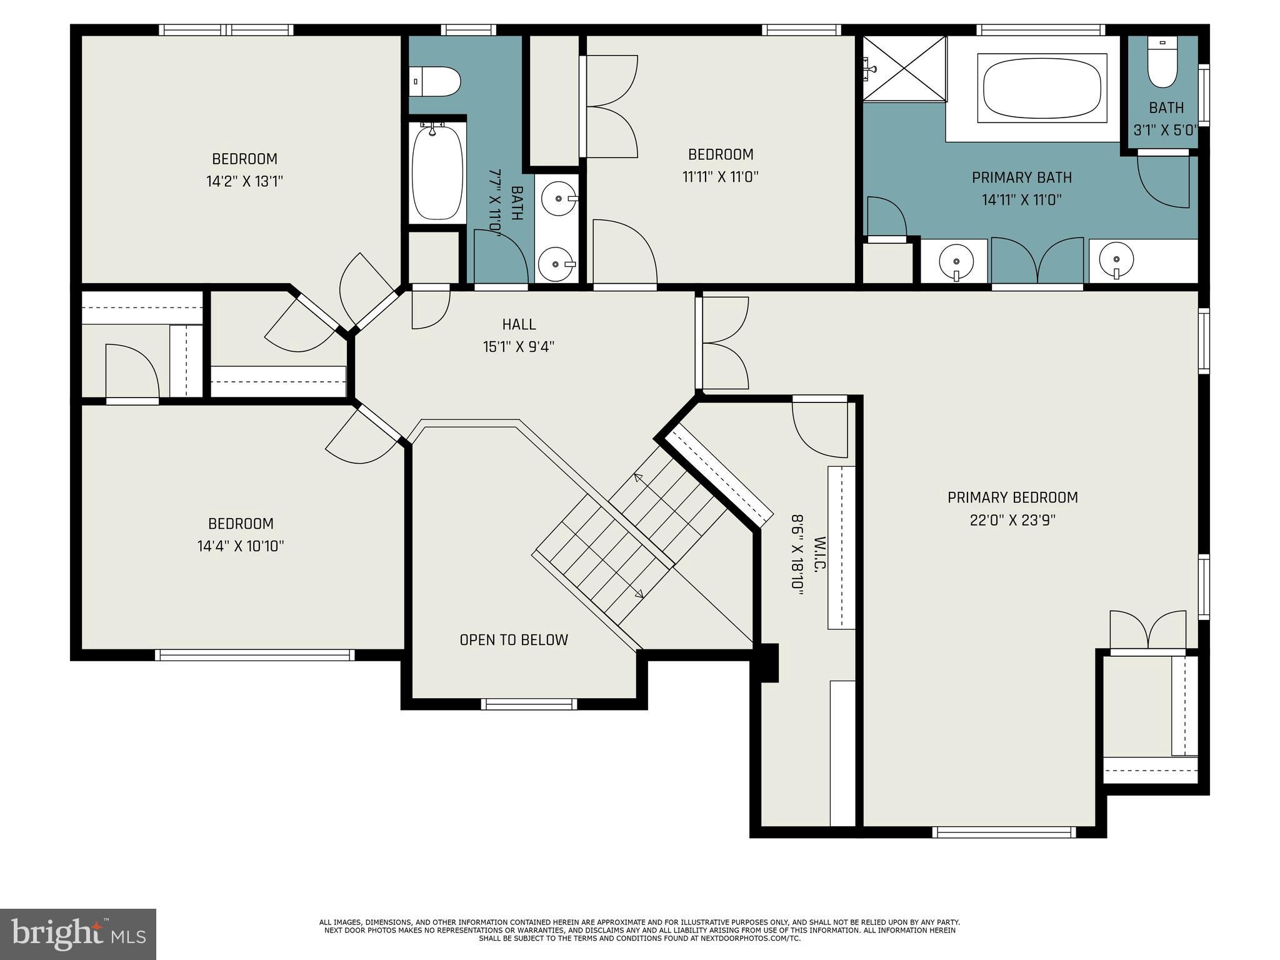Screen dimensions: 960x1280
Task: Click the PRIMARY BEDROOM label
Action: click(1012, 497)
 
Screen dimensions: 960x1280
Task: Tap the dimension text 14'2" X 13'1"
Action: click(244, 182)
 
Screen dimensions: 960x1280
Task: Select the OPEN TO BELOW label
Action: click(514, 640)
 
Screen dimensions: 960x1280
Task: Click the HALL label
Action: click(519, 324)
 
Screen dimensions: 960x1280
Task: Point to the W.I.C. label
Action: click(820, 554)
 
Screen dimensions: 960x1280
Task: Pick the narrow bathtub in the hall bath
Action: click(437, 172)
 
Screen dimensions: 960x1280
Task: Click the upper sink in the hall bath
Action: click(558, 199)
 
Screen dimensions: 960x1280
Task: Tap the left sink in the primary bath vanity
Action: click(956, 261)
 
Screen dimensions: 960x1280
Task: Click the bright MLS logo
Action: click(78, 934)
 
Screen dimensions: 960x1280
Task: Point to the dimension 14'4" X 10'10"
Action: click(241, 546)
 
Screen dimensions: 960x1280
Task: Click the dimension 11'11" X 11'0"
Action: click(720, 177)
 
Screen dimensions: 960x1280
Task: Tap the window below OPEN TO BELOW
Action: click(529, 704)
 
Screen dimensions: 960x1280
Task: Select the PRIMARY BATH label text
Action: click(1022, 177)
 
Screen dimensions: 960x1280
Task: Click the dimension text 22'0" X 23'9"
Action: click(1012, 520)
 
